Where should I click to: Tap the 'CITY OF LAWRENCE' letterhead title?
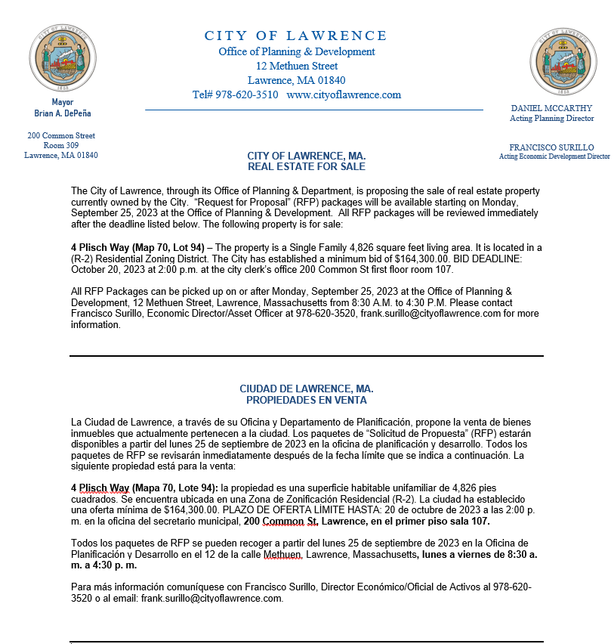coord(296,36)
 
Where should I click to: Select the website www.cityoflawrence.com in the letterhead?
coord(344,95)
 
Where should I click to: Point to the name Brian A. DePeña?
coord(63,113)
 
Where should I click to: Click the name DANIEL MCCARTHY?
coord(551,108)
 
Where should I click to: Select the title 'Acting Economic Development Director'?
coord(554,157)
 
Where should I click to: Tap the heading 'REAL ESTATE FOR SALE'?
coord(306,166)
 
